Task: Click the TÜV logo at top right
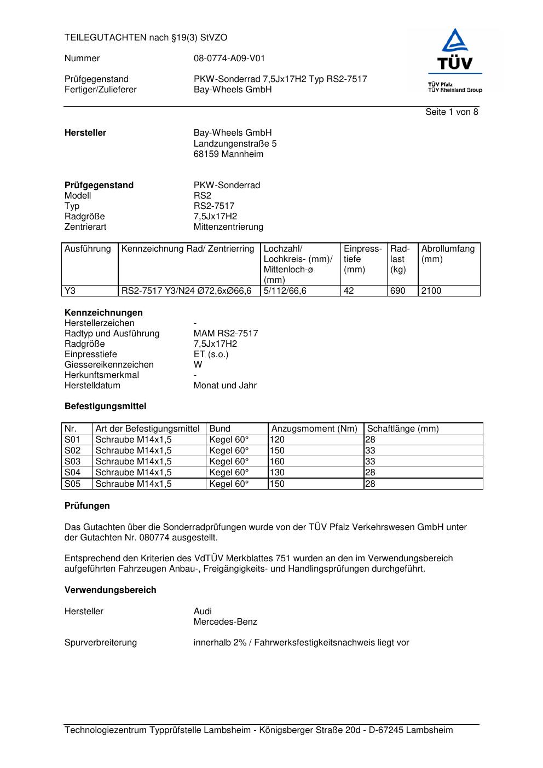(455, 60)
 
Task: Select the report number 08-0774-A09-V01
(229, 59)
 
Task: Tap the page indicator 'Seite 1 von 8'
(452, 112)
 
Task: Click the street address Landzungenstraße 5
(235, 143)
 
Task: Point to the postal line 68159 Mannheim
(228, 154)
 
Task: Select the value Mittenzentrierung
(228, 226)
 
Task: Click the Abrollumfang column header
(448, 254)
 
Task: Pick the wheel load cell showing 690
(397, 291)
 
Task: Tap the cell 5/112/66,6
(285, 291)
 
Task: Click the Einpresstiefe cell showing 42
(349, 291)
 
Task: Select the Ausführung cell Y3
(70, 291)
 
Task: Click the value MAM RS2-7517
(226, 333)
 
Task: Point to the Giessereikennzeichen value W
(198, 364)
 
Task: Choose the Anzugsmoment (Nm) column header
(314, 429)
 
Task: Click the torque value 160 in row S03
(277, 462)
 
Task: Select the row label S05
(72, 484)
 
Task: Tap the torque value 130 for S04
(277, 473)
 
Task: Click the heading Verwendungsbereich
(110, 590)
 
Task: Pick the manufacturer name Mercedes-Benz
(225, 621)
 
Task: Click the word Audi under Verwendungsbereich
(203, 611)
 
